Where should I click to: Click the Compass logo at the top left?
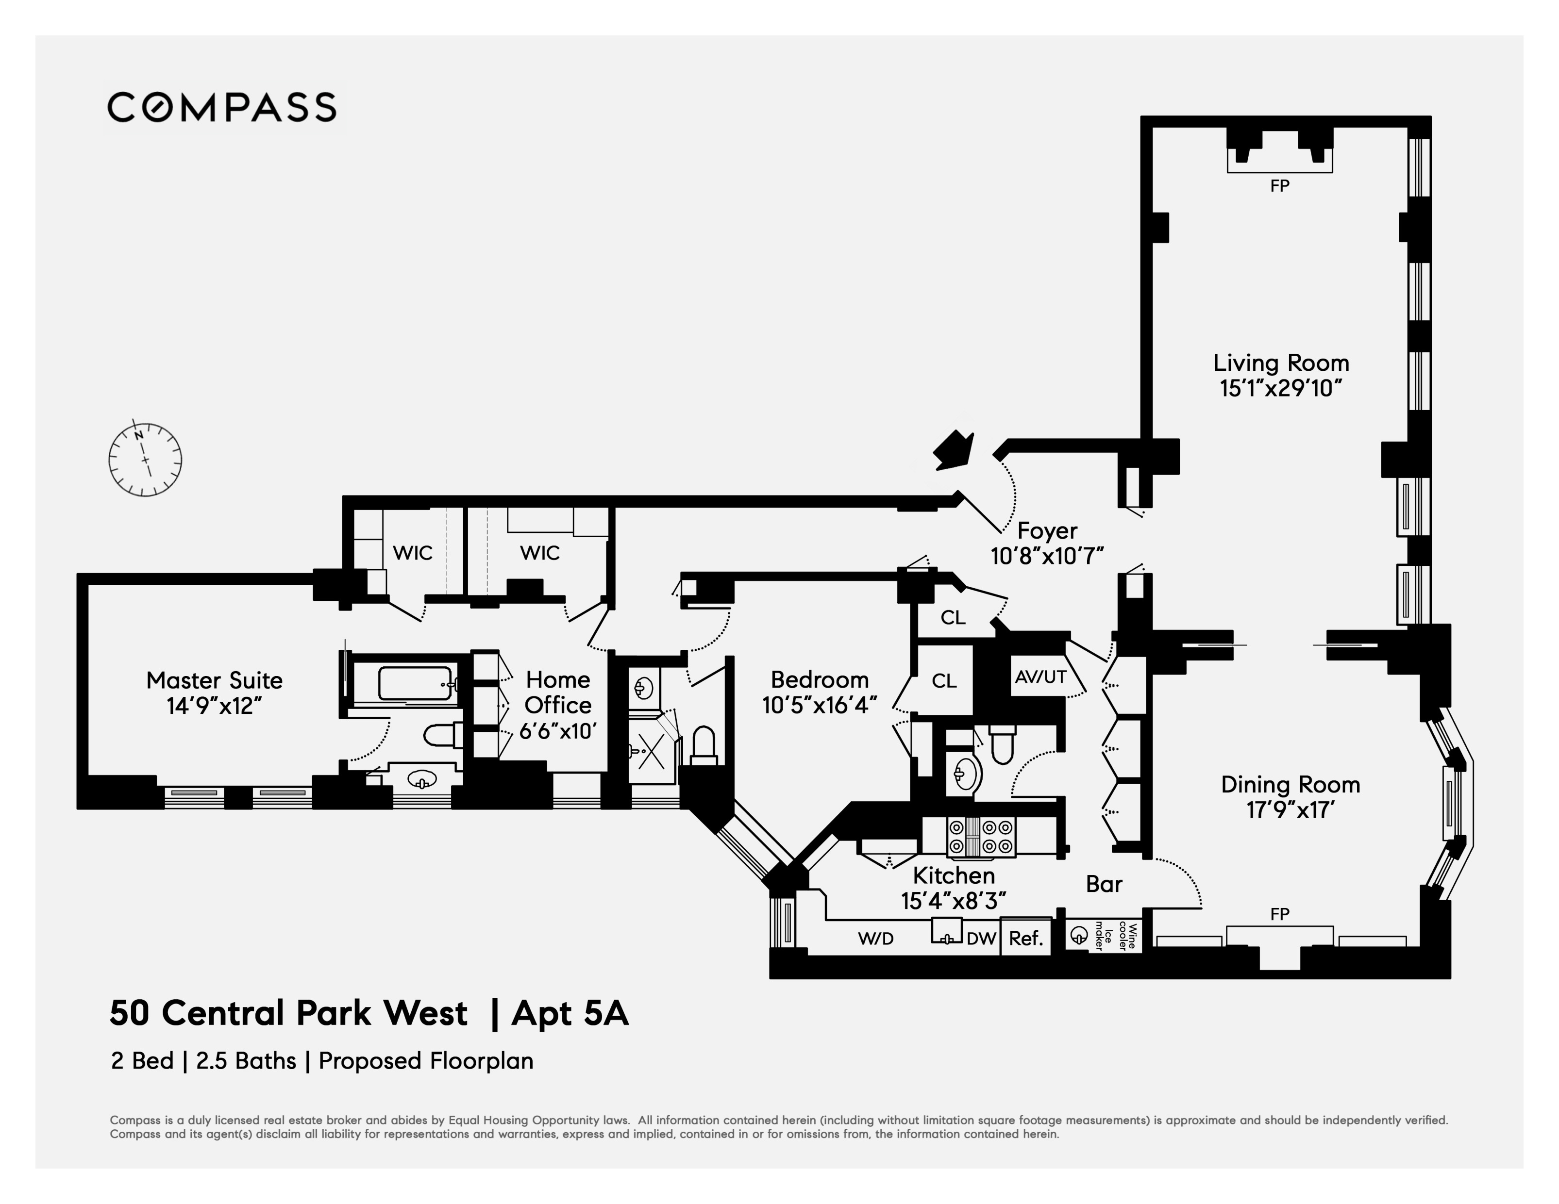[x=221, y=108]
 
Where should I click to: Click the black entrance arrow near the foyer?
[x=953, y=450]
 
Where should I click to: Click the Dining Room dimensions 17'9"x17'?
[x=1290, y=810]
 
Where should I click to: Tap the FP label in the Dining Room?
[x=1279, y=913]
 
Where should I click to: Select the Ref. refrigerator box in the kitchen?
[x=1026, y=938]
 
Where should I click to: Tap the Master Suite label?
[x=214, y=680]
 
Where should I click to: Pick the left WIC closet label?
[x=413, y=552]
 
